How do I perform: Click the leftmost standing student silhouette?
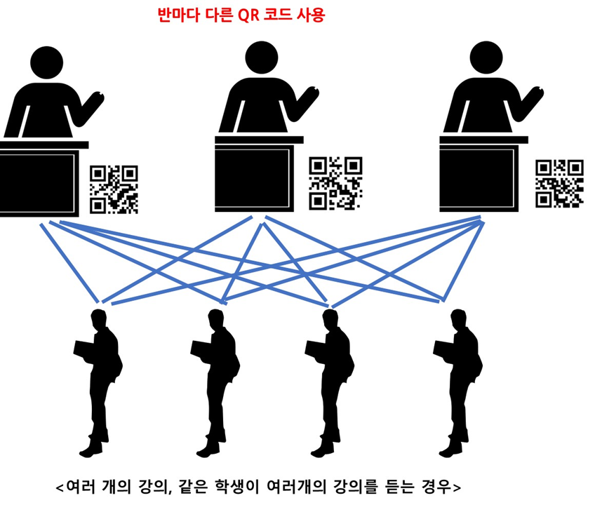click(98, 379)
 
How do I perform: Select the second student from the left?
click(215, 379)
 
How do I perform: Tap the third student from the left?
click(330, 379)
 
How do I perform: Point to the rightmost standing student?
click(460, 379)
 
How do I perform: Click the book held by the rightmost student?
click(441, 348)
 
